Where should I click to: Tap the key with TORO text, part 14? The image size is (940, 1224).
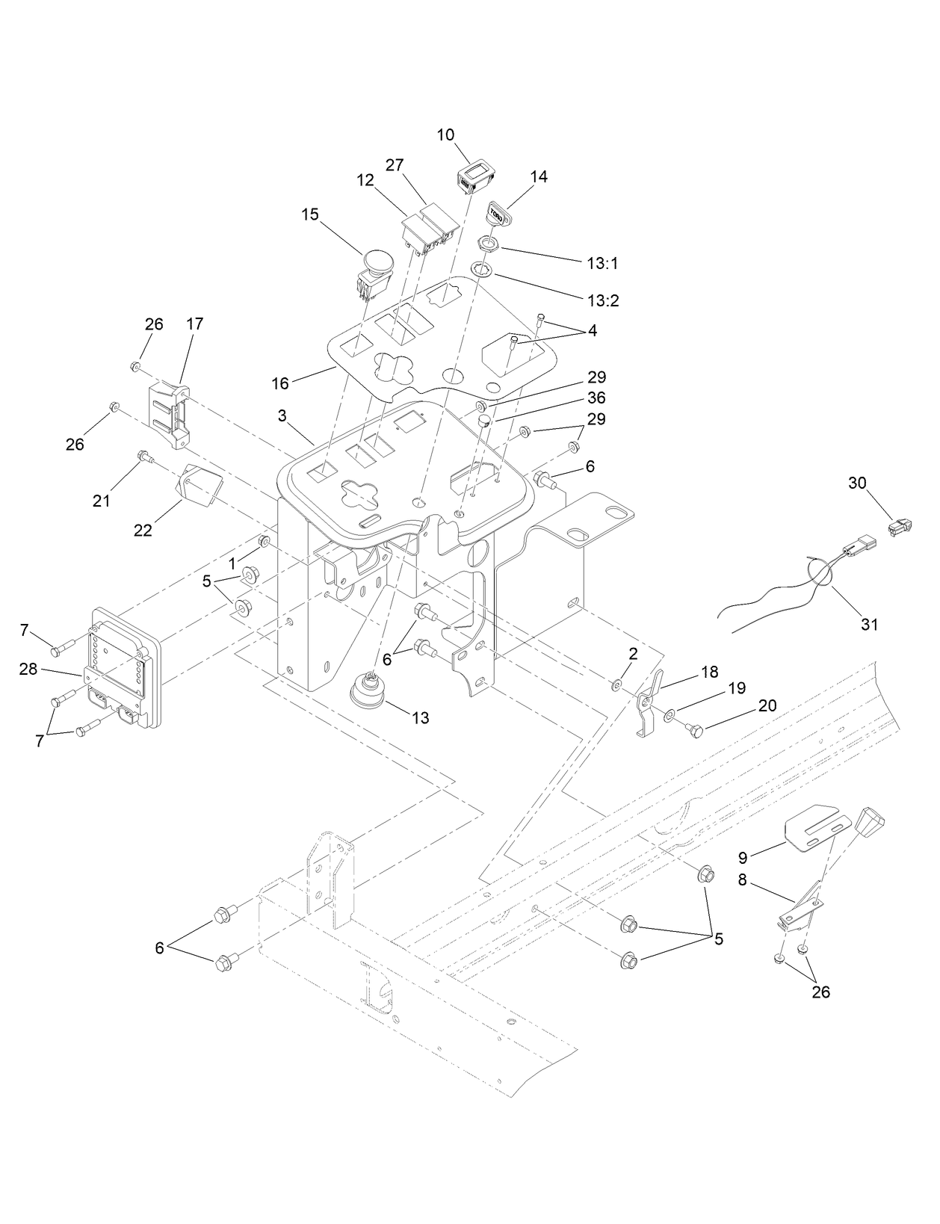[x=496, y=213]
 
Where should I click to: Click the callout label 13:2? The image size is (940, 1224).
[x=603, y=300]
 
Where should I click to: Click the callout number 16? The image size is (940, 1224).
[x=280, y=383]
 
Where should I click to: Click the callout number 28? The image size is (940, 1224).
[x=28, y=669]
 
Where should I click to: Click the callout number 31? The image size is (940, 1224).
[x=870, y=624]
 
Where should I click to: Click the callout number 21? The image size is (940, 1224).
[x=101, y=501]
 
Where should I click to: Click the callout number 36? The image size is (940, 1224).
[x=596, y=398]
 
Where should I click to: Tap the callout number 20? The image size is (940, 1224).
[x=767, y=705]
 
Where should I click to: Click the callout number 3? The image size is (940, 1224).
[x=282, y=415]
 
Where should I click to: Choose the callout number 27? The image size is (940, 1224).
[x=395, y=164]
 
